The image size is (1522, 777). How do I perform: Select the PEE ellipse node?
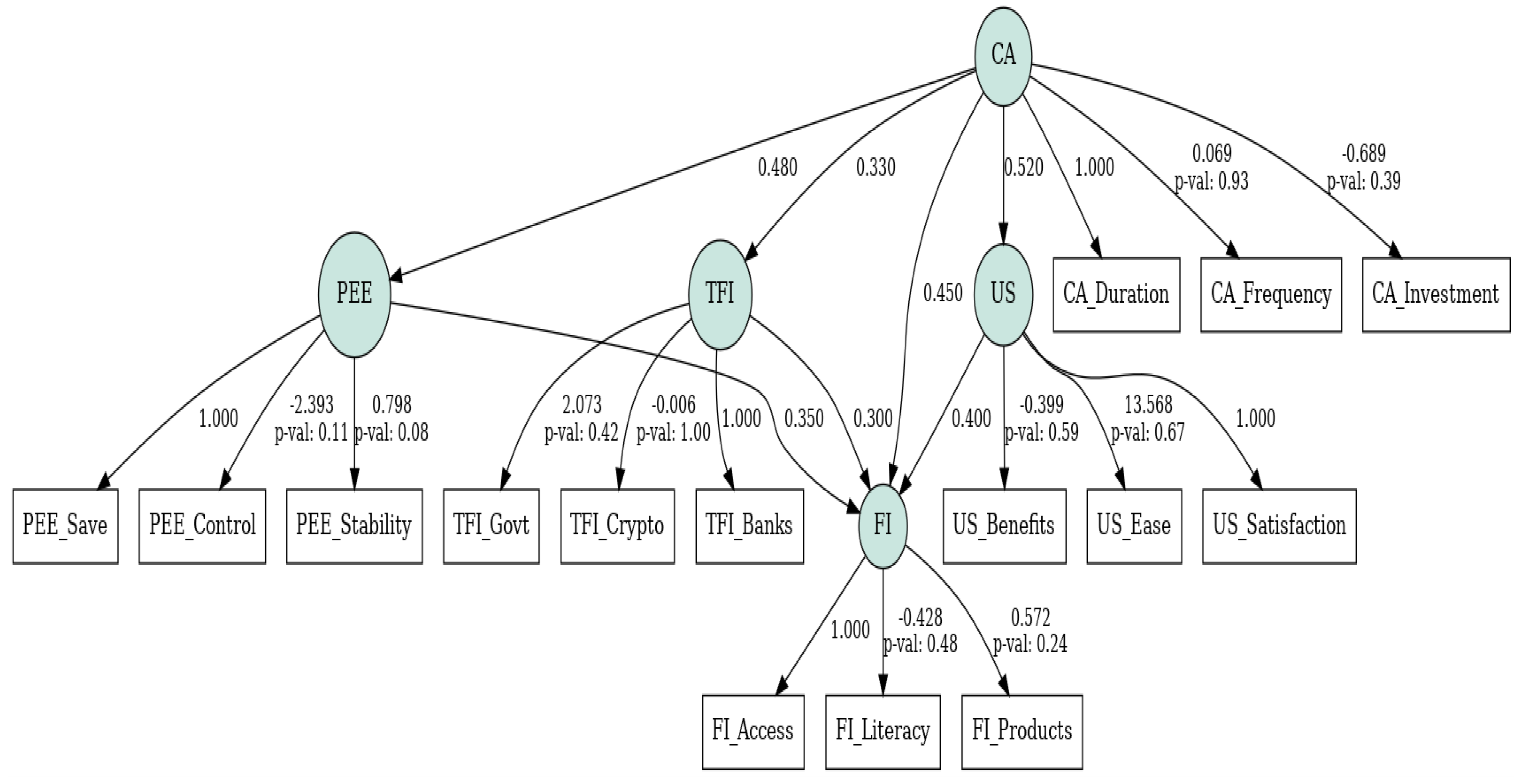point(354,294)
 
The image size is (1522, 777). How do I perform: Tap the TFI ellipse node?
point(719,294)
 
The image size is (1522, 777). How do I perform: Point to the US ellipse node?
point(1003,294)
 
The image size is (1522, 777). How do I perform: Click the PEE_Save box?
point(65,525)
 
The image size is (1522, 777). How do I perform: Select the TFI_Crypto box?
point(617,525)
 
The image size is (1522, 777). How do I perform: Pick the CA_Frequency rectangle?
point(1271,294)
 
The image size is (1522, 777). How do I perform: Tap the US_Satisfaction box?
point(1279,525)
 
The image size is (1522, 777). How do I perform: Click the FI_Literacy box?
point(882,732)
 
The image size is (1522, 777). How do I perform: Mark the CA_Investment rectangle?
point(1436,294)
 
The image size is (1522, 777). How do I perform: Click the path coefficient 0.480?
point(777,168)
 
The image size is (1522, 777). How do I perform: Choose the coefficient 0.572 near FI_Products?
point(1030,618)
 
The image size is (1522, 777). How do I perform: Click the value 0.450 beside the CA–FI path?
point(943,293)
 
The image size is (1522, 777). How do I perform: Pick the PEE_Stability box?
point(354,525)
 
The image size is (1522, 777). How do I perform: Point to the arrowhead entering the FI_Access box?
point(782,686)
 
